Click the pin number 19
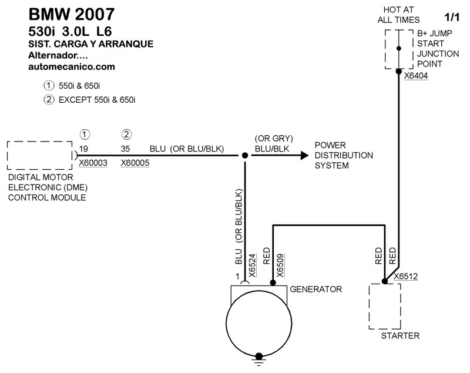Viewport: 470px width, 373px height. (x=84, y=149)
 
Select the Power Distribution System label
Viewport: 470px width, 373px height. (x=344, y=156)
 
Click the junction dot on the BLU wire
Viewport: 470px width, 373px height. (x=244, y=156)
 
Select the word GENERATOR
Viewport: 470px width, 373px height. (x=315, y=290)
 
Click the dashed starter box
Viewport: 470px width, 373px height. (x=384, y=307)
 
